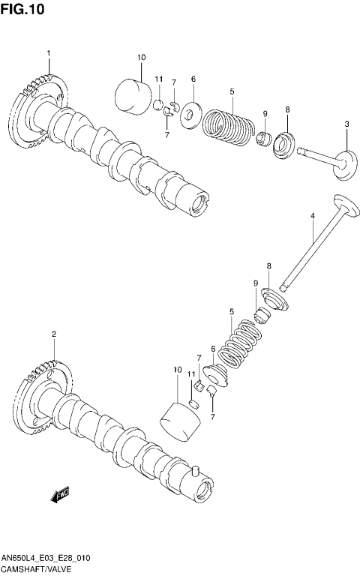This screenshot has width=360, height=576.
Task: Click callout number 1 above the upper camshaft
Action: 49,53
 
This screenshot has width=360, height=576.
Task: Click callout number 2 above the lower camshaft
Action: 53,334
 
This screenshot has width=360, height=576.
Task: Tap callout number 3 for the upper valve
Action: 346,124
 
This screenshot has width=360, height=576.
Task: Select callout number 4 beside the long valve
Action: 313,217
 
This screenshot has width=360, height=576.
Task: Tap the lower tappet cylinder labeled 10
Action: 182,421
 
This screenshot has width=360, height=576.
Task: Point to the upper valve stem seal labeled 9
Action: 265,139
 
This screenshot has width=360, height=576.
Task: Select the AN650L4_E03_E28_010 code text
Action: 46,560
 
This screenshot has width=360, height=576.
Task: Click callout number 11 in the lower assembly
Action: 192,373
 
